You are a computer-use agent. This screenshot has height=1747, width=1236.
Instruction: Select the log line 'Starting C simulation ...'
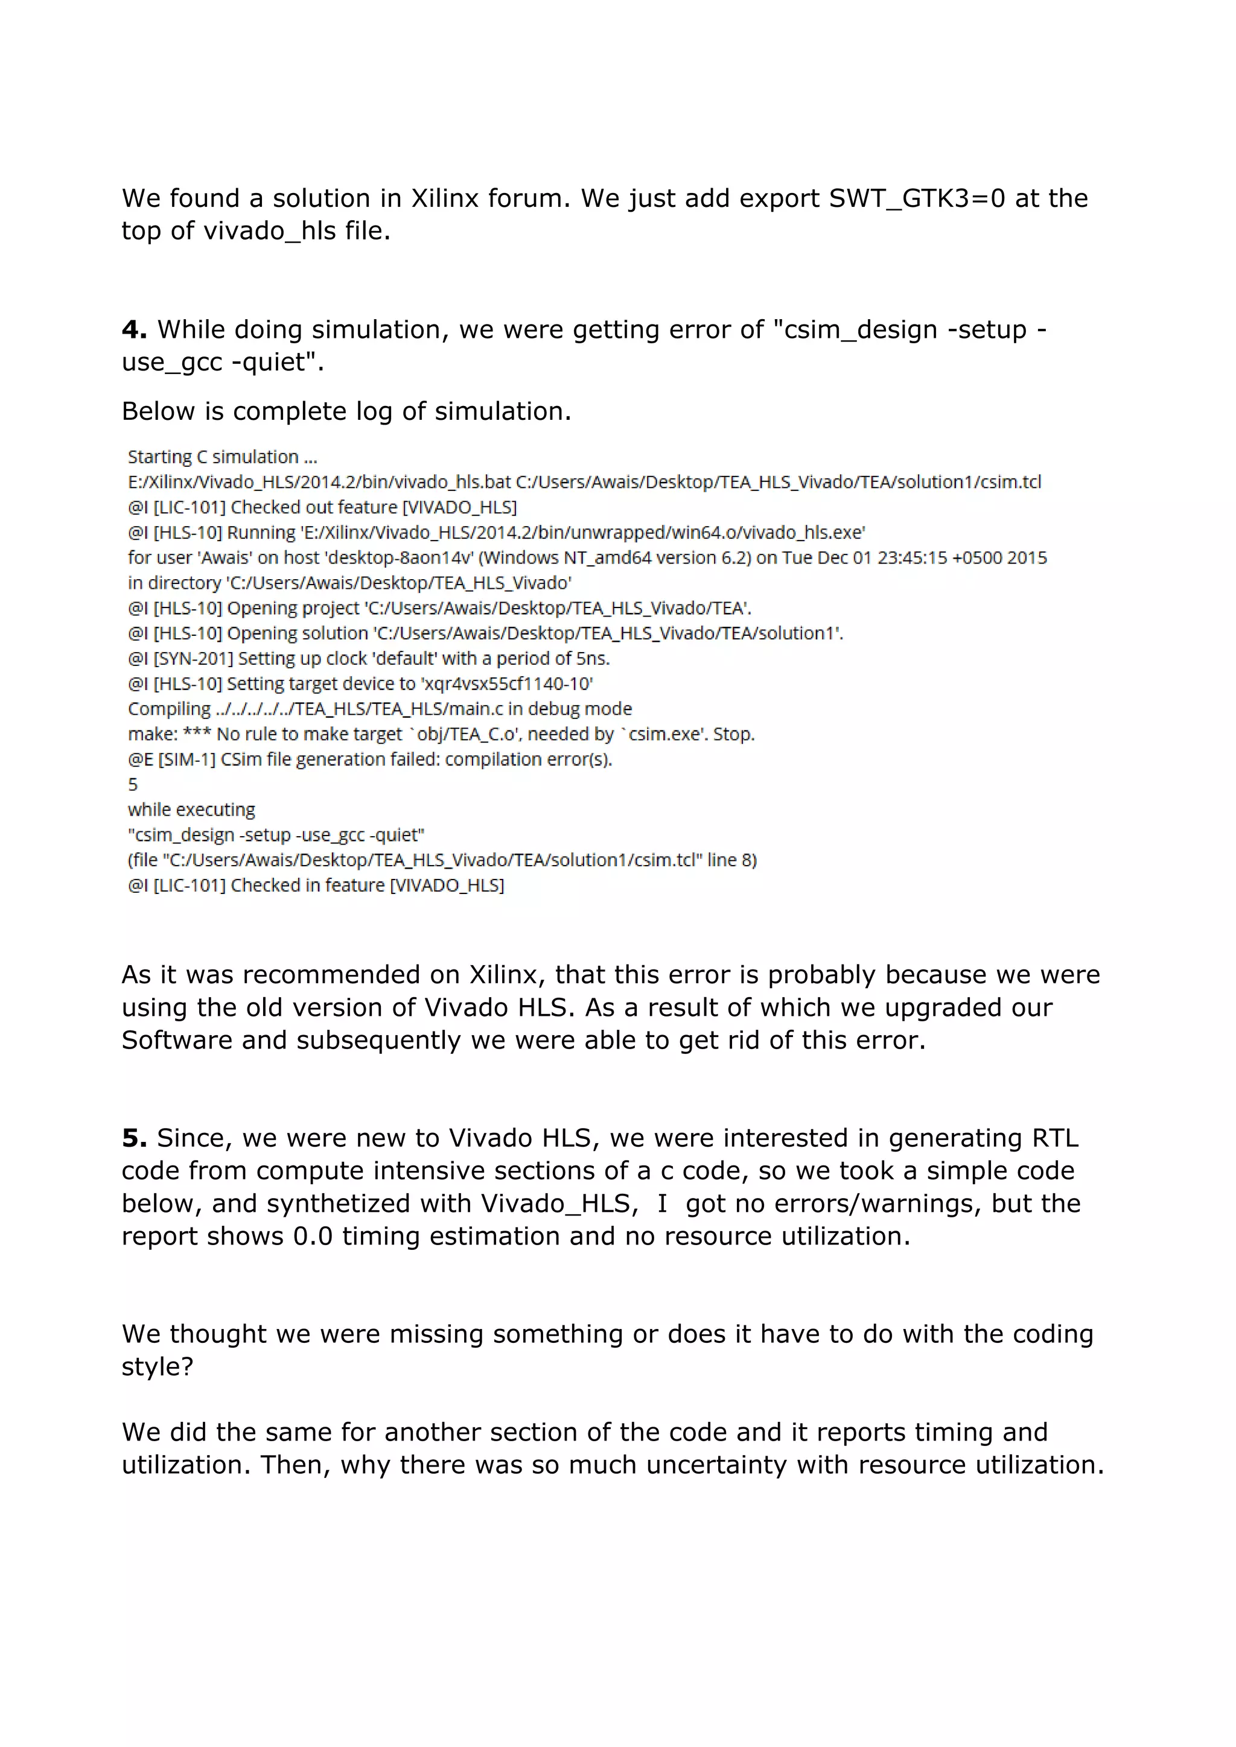pyautogui.click(x=222, y=457)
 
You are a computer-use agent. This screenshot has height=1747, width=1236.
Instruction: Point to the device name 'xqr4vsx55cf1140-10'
pyautogui.click(x=507, y=683)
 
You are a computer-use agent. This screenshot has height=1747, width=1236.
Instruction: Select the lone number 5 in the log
pyautogui.click(x=133, y=784)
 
